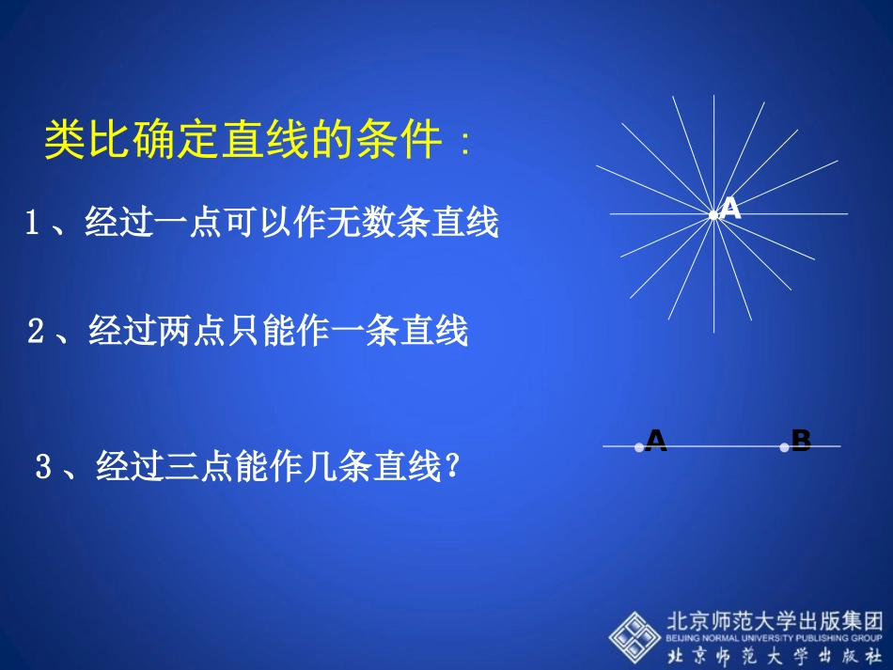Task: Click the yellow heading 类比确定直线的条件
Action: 243,142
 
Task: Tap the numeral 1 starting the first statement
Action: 32,224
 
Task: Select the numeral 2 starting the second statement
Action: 37,333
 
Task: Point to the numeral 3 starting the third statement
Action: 43,467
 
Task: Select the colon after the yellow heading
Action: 462,146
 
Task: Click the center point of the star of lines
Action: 713,214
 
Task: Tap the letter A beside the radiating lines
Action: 730,210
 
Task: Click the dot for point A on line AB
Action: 639,447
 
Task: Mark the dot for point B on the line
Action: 784,447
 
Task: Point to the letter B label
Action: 801,441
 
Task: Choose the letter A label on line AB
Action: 656,441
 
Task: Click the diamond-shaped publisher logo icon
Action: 634,634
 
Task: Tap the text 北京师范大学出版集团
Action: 775,620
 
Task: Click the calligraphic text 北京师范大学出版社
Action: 775,655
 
